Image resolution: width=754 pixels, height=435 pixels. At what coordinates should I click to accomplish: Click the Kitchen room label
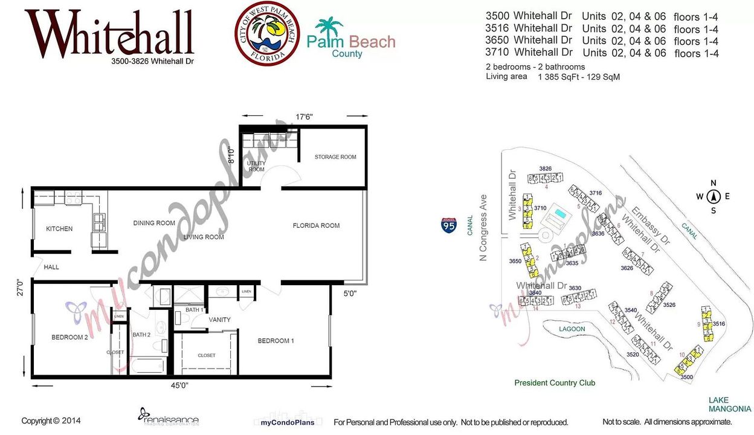[59, 229]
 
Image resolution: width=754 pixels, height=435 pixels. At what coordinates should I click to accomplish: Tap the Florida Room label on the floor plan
[316, 226]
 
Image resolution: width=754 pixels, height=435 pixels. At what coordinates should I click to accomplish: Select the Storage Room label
[335, 157]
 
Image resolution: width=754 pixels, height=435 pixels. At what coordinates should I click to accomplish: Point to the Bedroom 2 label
[69, 338]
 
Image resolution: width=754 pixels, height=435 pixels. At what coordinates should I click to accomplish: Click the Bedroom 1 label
[275, 341]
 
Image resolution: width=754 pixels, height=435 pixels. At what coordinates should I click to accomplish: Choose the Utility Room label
[256, 166]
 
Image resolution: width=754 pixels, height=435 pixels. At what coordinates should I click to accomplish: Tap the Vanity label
[219, 320]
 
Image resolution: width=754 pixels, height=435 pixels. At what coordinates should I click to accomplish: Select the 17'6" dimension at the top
[304, 116]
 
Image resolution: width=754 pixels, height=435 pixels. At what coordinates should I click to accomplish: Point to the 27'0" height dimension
[21, 287]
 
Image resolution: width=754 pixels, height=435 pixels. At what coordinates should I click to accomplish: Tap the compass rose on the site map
[713, 196]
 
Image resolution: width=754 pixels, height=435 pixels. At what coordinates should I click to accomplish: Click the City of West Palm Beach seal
[267, 33]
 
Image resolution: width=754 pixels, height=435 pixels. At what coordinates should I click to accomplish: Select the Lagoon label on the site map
[572, 329]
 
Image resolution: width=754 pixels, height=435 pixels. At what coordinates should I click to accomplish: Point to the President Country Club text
[554, 383]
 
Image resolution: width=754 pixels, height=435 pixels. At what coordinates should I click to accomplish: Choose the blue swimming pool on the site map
[561, 214]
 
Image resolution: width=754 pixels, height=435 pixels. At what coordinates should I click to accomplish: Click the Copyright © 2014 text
[51, 421]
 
